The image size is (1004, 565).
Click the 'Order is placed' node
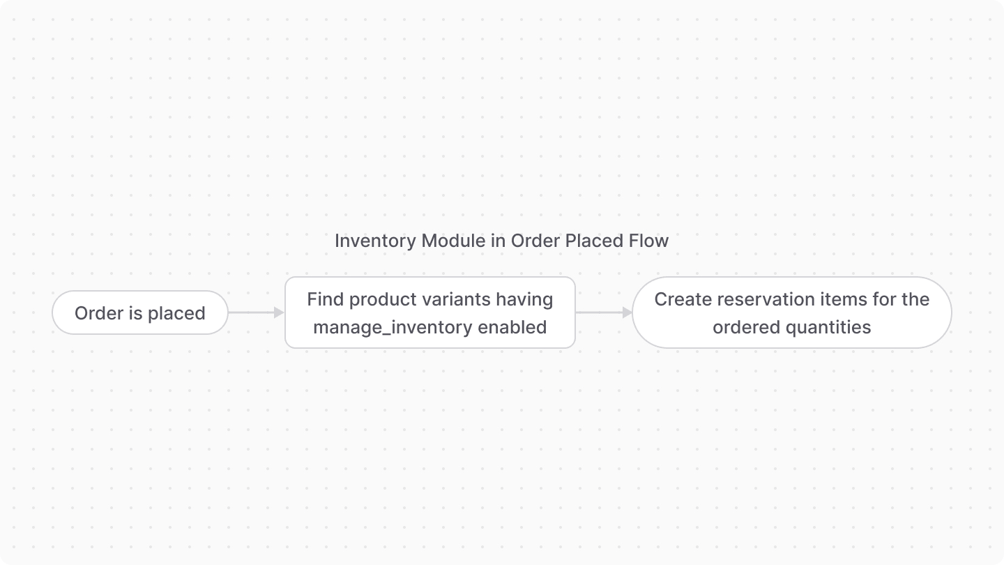pyautogui.click(x=140, y=313)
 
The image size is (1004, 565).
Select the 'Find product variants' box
pyautogui.click(x=429, y=313)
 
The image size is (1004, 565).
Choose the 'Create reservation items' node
pyautogui.click(x=791, y=313)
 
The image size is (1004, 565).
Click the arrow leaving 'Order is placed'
pyautogui.click(x=256, y=313)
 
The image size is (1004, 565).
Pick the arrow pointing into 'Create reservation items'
pyautogui.click(x=604, y=313)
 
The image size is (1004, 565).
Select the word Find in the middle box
pyautogui.click(x=326, y=299)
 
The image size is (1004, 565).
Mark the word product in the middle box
pyautogui.click(x=381, y=299)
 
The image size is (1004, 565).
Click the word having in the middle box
pyautogui.click(x=524, y=299)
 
